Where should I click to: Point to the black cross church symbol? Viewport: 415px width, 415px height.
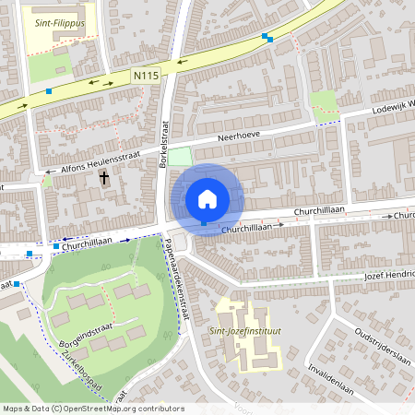[104, 177]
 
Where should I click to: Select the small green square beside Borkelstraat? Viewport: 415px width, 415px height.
[179, 158]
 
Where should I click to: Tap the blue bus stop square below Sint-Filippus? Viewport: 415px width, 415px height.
[49, 90]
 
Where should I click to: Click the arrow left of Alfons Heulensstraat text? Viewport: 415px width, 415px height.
[48, 172]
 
